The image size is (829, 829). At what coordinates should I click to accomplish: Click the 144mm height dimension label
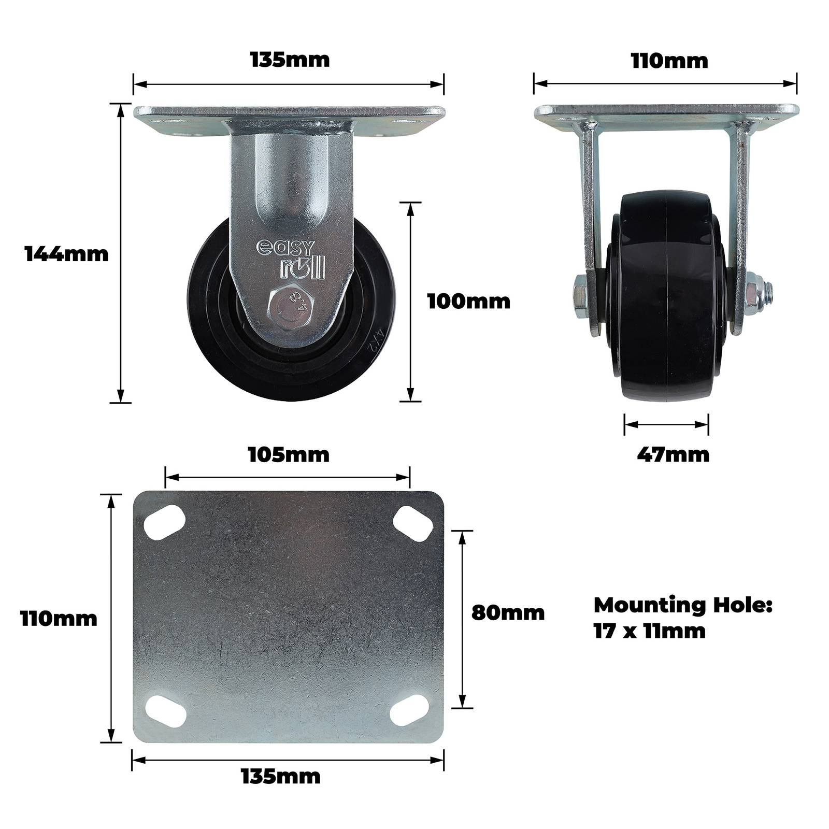click(x=67, y=254)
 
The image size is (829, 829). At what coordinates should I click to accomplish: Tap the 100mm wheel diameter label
click(x=469, y=301)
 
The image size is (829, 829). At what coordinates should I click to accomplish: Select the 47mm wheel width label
click(x=673, y=454)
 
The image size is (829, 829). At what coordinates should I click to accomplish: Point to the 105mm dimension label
click(x=289, y=455)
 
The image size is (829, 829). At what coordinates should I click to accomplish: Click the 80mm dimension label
click(x=508, y=612)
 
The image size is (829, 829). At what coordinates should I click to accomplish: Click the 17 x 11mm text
click(x=650, y=631)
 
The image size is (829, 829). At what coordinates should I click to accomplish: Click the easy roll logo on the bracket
click(x=291, y=258)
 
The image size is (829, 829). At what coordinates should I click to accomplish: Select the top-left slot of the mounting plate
click(x=165, y=522)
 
